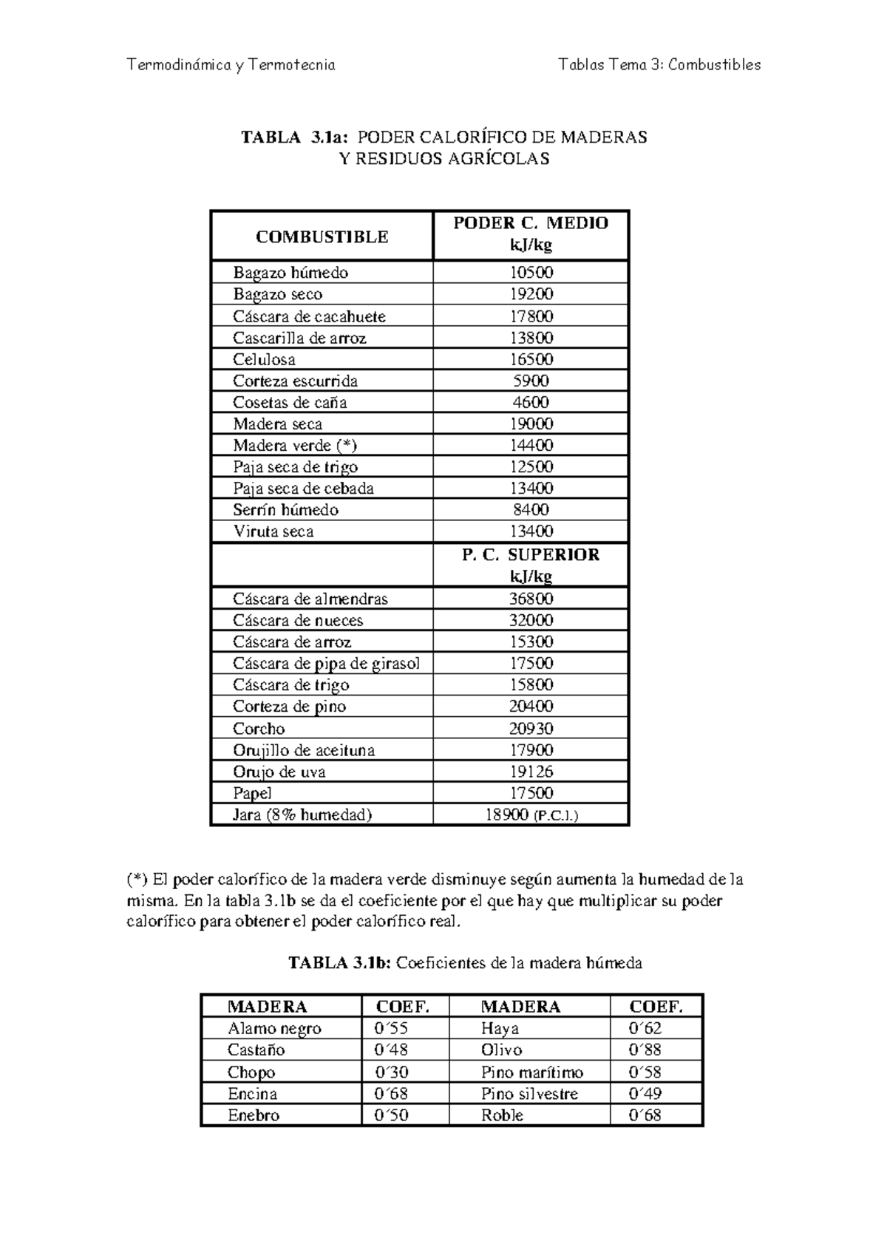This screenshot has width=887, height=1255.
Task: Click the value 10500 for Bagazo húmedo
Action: (531, 273)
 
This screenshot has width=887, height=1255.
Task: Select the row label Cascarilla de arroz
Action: (299, 339)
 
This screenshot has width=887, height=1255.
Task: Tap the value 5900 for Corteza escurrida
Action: (531, 381)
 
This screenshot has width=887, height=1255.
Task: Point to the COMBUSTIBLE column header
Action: (322, 237)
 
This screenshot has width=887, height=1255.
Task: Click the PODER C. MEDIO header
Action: (530, 224)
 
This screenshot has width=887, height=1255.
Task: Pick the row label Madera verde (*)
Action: (295, 446)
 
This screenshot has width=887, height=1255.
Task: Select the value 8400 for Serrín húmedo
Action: (531, 510)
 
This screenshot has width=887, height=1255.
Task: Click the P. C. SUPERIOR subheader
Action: (530, 556)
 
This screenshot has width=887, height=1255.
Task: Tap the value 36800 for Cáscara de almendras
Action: (531, 599)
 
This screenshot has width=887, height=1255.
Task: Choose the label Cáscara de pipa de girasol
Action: (326, 664)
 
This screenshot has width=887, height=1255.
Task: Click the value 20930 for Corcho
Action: (531, 729)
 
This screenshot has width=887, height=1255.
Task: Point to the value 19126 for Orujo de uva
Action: (531, 772)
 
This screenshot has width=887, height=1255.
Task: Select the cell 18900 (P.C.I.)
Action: (531, 815)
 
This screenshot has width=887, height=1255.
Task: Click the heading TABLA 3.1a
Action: (443, 137)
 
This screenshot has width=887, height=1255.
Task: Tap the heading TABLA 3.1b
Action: (465, 963)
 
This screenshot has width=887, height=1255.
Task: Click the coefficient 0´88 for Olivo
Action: (644, 1050)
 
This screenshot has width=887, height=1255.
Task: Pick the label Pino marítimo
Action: (531, 1072)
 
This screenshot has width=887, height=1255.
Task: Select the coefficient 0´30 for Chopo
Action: (392, 1072)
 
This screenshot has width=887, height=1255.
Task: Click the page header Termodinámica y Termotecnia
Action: (231, 65)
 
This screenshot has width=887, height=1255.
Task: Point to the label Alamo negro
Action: (274, 1029)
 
